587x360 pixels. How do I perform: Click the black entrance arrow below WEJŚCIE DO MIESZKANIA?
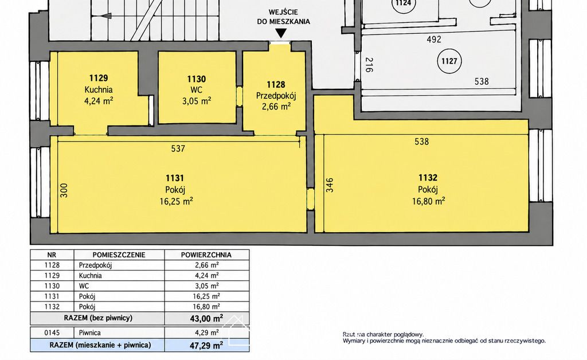(x=281, y=34)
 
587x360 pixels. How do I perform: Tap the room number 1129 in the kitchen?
(x=99, y=78)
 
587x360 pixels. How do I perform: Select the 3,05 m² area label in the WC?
(x=196, y=101)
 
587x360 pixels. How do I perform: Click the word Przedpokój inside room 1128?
(x=276, y=96)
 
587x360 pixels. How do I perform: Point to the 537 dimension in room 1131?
(x=178, y=148)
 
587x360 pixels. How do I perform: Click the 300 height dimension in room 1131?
(x=64, y=190)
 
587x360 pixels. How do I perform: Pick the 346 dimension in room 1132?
(x=330, y=185)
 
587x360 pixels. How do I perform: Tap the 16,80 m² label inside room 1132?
(x=429, y=201)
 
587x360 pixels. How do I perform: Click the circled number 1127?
(x=449, y=61)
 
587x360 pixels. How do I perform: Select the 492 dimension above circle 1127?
(x=434, y=40)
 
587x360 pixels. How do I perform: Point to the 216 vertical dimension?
(x=369, y=64)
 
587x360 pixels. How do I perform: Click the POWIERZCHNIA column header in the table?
(x=206, y=255)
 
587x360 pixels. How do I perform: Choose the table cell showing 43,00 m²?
(x=206, y=319)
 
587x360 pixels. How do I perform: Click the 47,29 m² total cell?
(x=206, y=345)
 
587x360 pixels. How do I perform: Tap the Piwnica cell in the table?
(x=89, y=332)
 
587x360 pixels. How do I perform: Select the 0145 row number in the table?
(x=52, y=332)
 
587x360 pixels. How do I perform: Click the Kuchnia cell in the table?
(x=90, y=276)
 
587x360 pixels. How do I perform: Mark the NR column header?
(x=52, y=255)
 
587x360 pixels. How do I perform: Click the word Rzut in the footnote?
(x=349, y=335)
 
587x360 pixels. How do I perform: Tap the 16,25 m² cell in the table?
(x=205, y=296)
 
